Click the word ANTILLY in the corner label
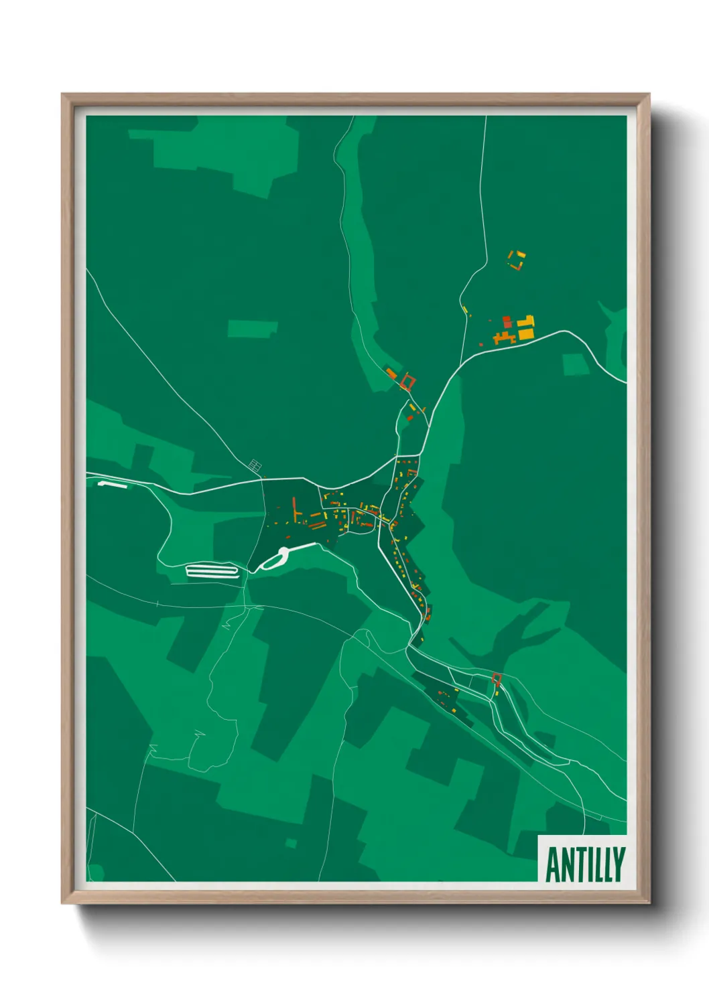[585, 864]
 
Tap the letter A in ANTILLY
[554, 865]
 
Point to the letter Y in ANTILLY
[619, 864]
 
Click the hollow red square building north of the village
[407, 382]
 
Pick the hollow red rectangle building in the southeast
[496, 678]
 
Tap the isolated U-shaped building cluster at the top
[517, 260]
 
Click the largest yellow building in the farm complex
[526, 332]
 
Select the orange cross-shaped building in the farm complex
[503, 337]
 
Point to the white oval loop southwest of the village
[275, 559]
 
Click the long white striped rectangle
[212, 571]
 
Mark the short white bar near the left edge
[112, 483]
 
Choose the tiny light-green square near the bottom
[291, 843]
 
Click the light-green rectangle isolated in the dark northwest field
[252, 329]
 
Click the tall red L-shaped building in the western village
[294, 509]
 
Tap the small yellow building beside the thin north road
[464, 309]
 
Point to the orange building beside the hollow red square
[391, 372]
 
